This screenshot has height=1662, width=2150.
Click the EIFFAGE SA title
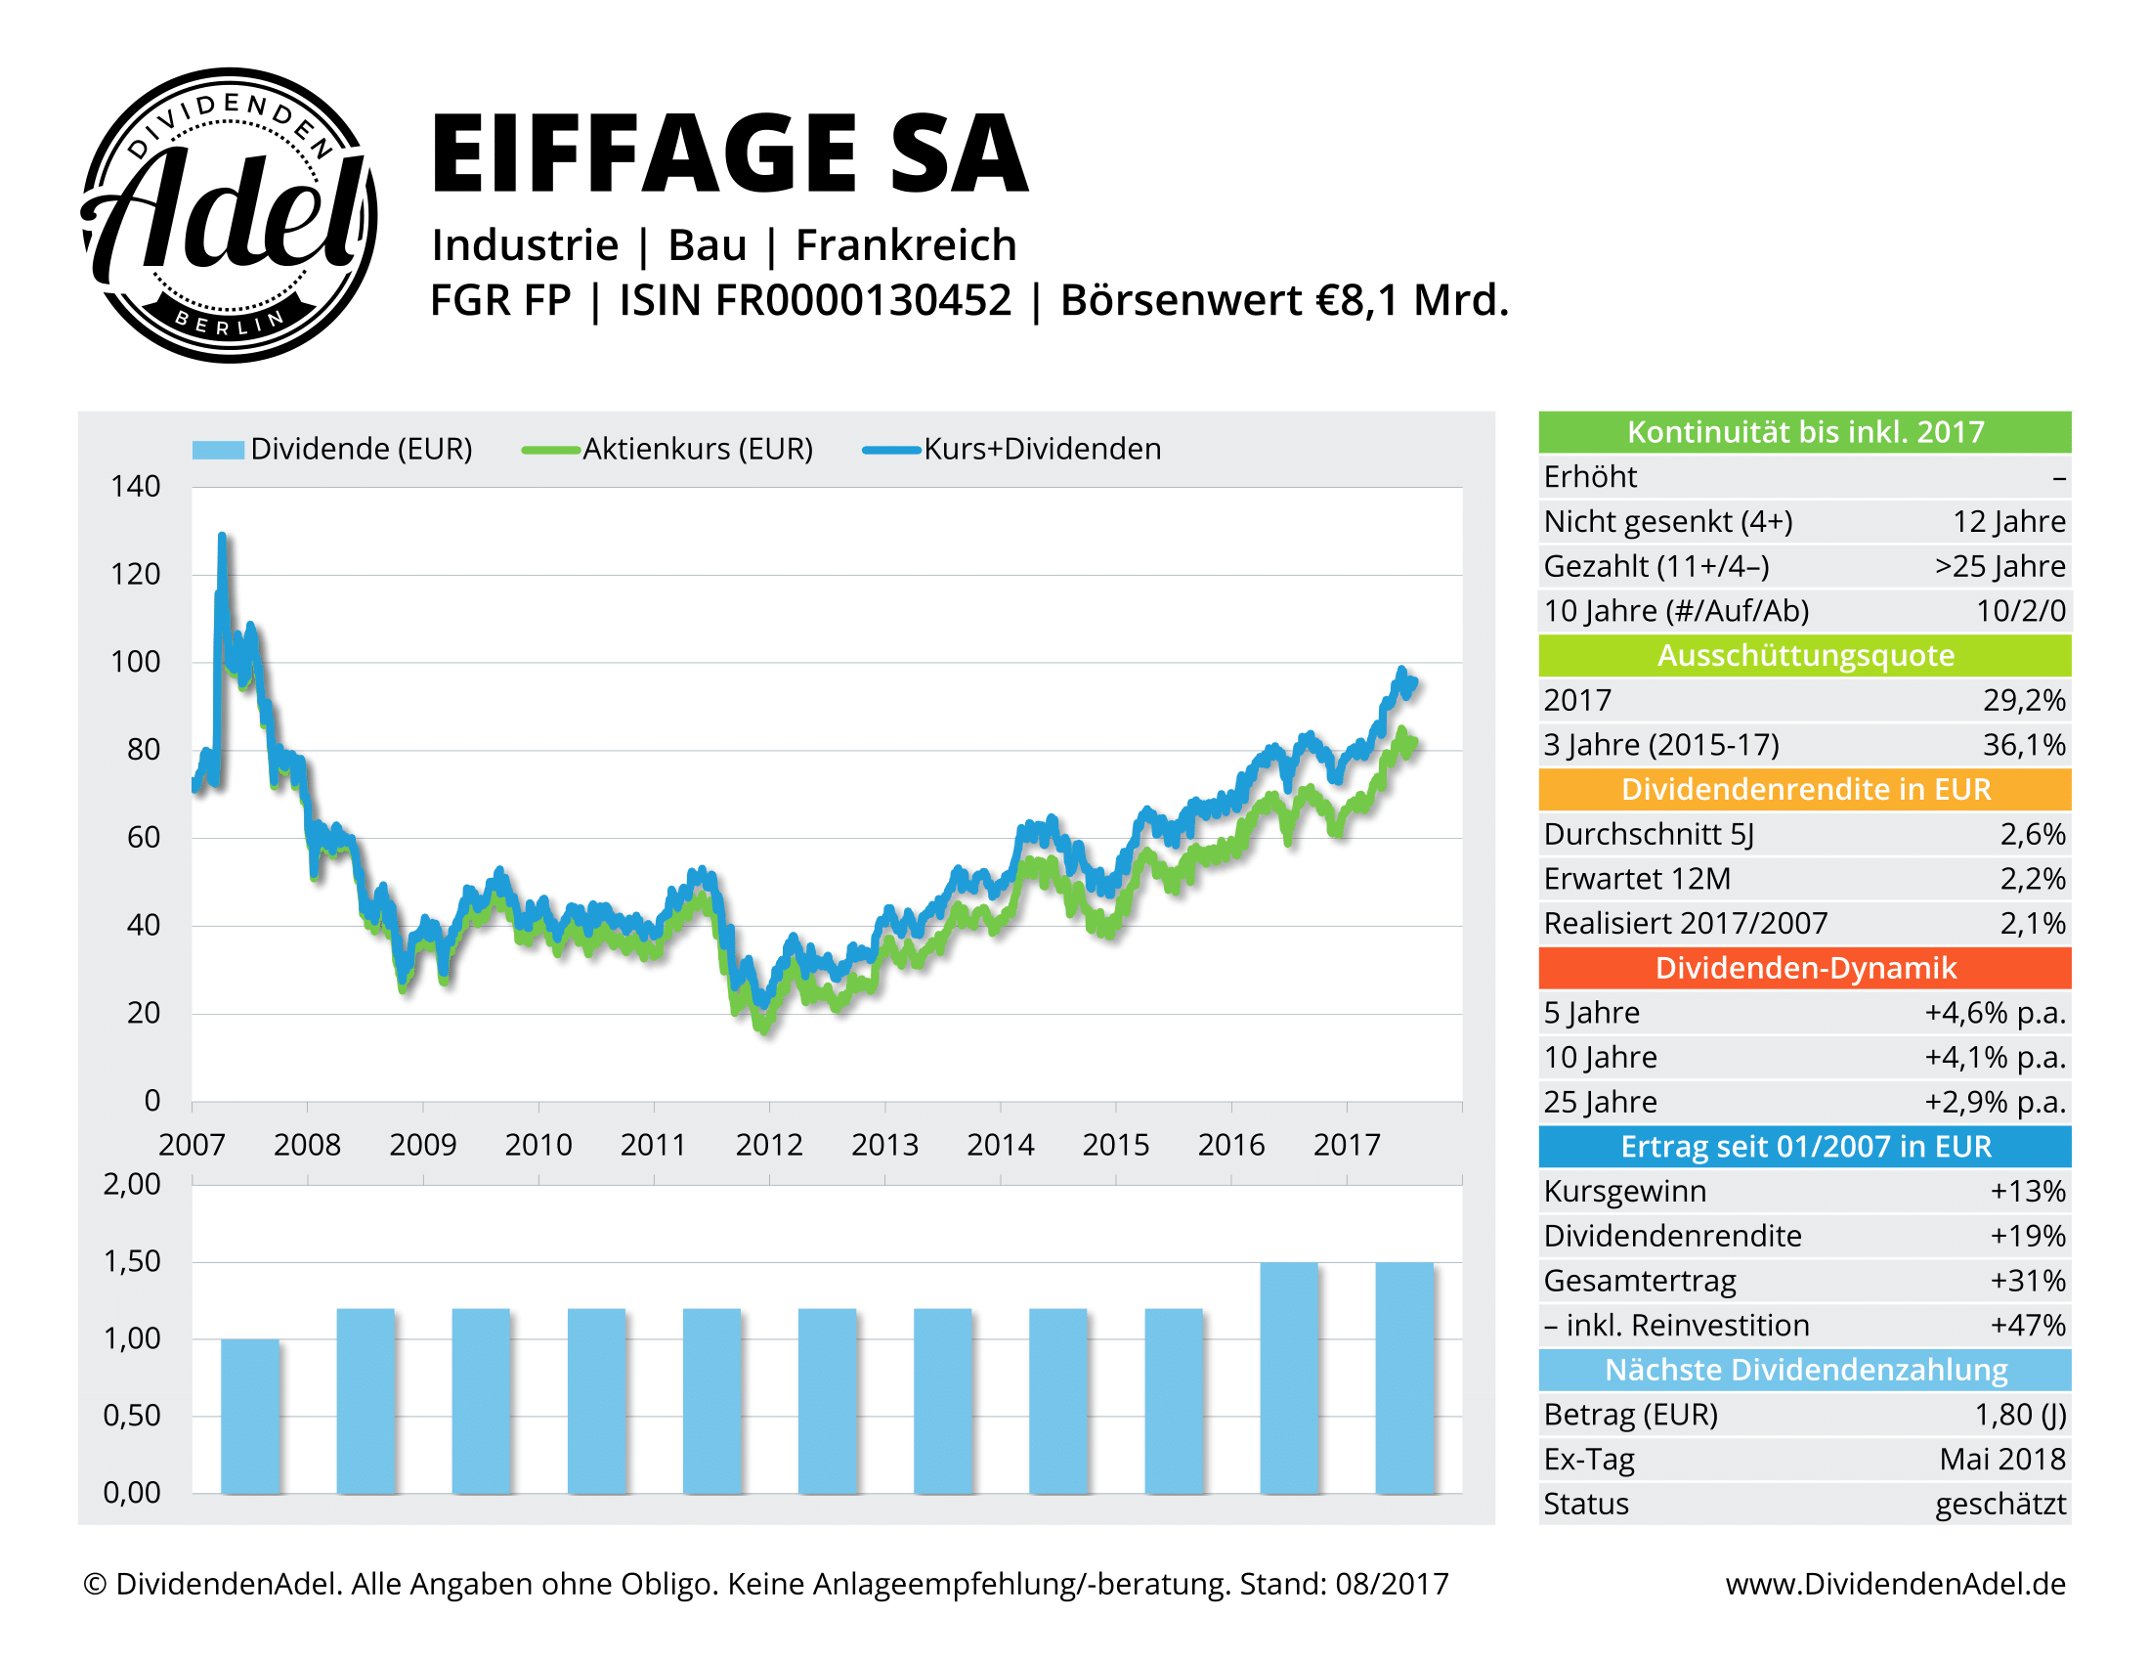tap(728, 153)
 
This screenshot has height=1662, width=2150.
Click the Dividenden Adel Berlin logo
tap(229, 215)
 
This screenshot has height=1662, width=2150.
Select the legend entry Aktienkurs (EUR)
tap(697, 449)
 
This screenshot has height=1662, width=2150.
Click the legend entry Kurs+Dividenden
tap(1041, 449)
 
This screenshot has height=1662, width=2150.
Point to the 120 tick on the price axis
tap(135, 574)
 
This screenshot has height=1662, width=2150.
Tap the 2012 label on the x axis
tap(769, 1145)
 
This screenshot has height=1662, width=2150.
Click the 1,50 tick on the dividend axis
tap(132, 1261)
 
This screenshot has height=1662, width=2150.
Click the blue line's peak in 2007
tap(222, 539)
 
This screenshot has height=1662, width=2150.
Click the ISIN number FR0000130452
tap(863, 300)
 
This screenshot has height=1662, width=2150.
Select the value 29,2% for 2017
tap(2023, 700)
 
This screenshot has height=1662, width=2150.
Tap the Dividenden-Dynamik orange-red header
tap(1803, 968)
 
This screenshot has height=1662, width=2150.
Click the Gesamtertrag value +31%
tap(2027, 1280)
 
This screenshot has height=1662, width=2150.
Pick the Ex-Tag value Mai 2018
tap(2001, 1460)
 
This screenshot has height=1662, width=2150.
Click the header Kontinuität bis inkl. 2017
tap(1803, 432)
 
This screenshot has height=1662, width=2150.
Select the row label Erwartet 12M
tap(1636, 878)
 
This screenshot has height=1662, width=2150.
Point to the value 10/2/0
tap(2020, 610)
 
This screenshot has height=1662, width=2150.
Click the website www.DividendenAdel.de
tap(1894, 1583)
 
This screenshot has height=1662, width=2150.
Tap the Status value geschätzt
tap(1999, 1504)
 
